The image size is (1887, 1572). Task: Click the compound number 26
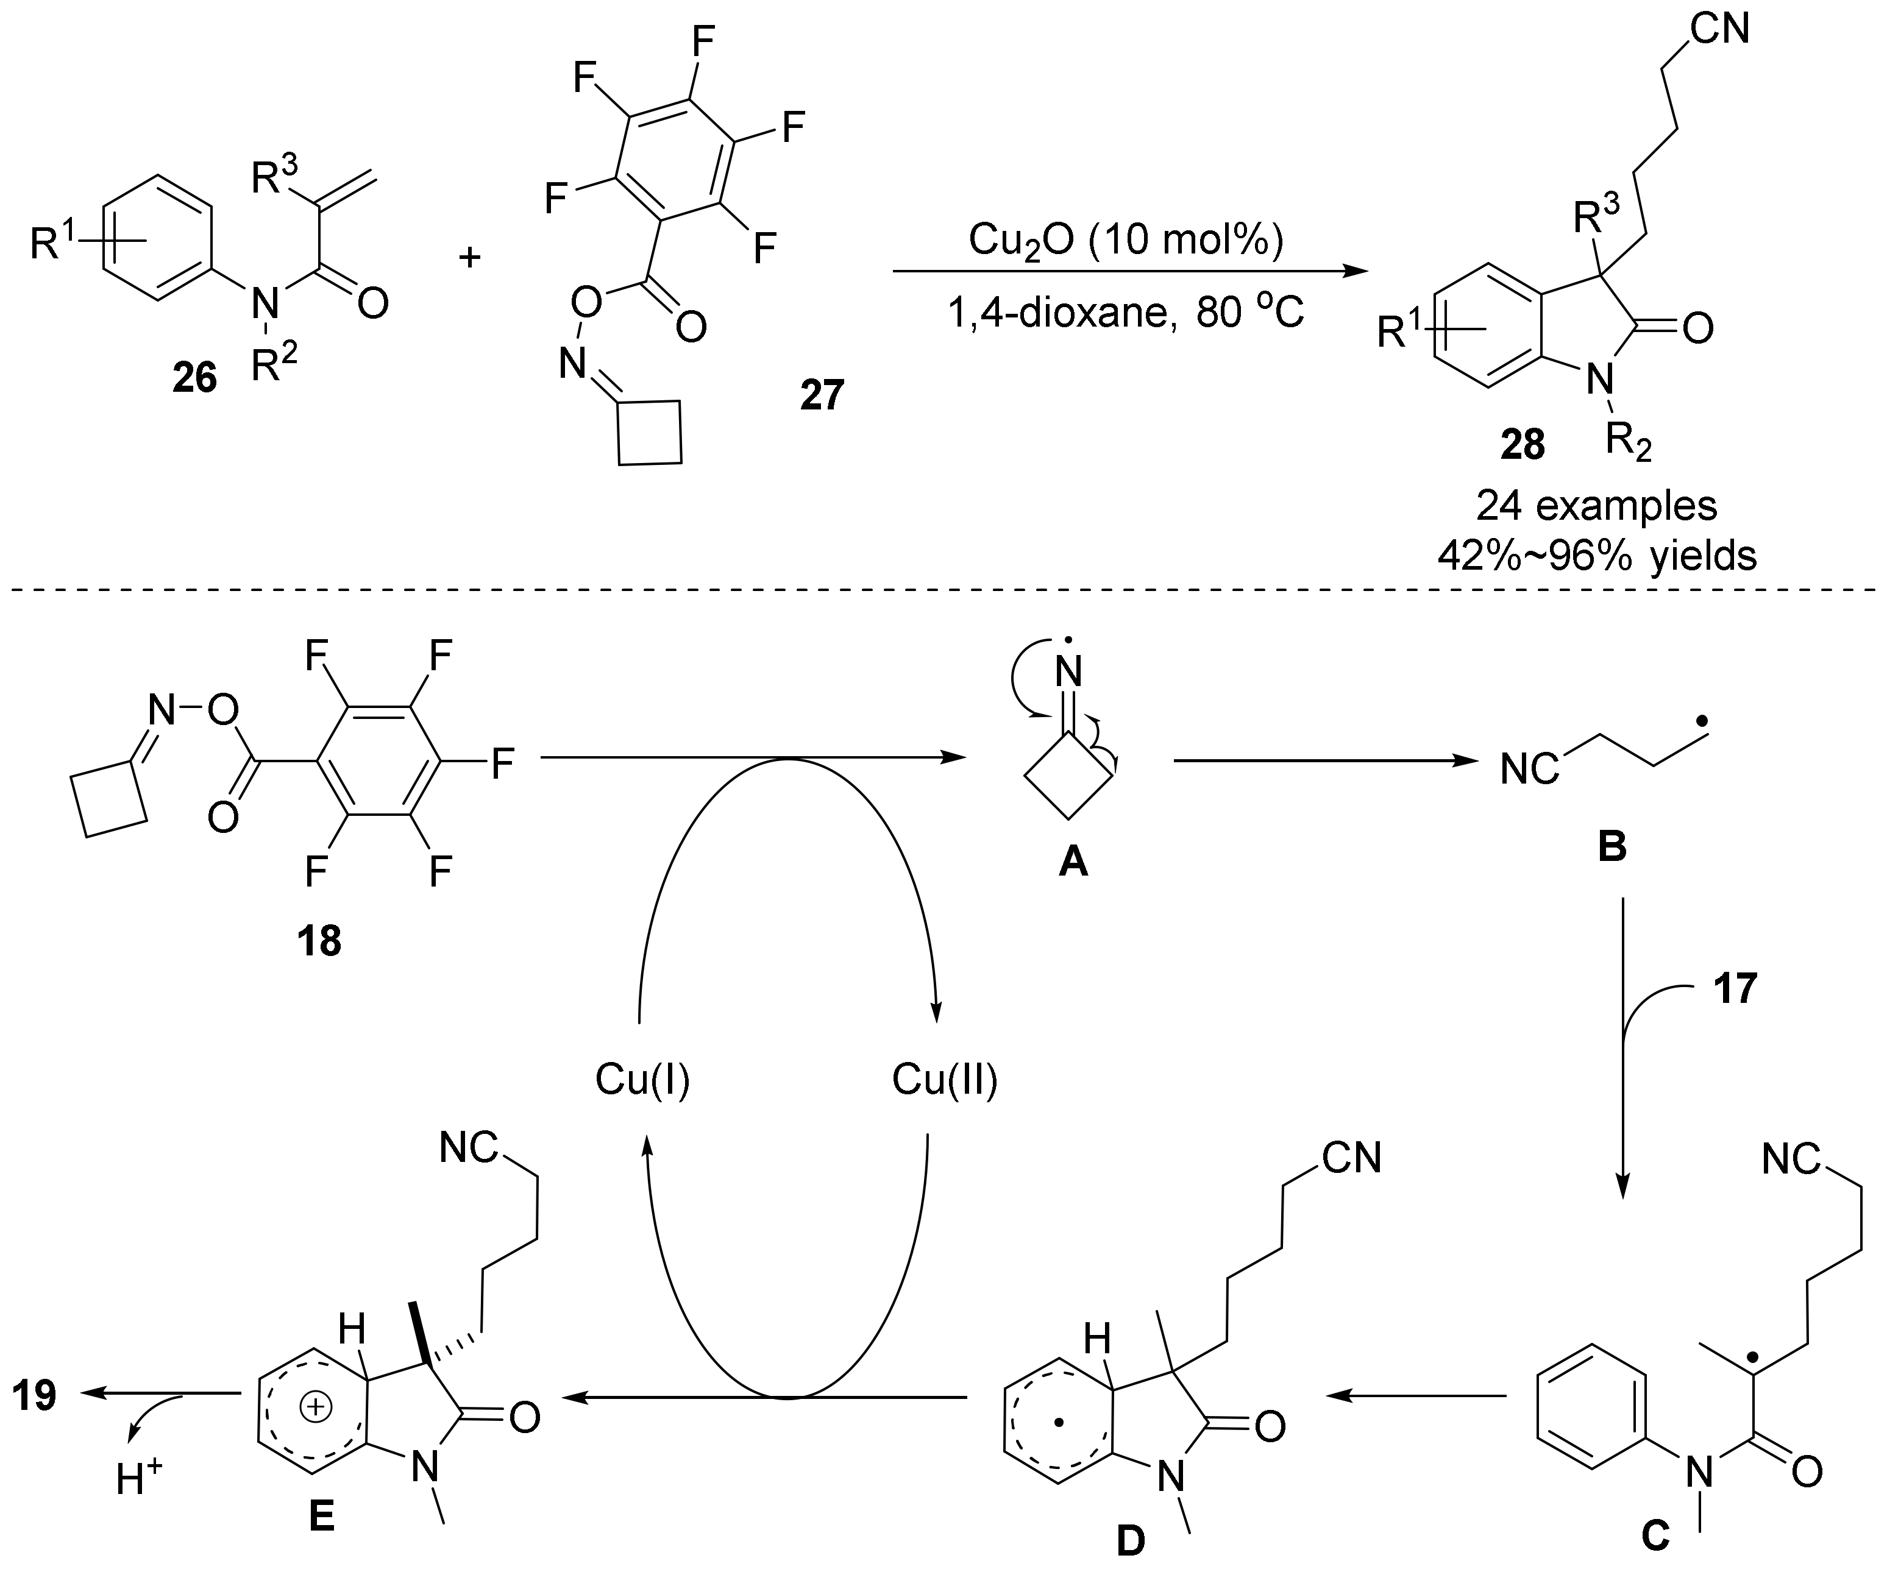pos(195,379)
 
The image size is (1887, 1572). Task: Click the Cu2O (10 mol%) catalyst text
pos(1126,240)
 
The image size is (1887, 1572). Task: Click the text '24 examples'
pos(1597,506)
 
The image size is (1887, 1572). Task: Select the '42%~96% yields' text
pos(1597,557)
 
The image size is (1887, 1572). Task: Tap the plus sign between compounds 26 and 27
pos(470,258)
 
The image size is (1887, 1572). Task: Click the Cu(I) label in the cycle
pos(642,1080)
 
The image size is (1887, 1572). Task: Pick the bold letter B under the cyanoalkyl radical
pos(1612,847)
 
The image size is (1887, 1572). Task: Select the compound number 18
pos(319,941)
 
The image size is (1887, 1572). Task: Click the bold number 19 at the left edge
pos(35,1396)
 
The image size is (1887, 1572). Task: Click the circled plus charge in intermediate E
pos(314,1409)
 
